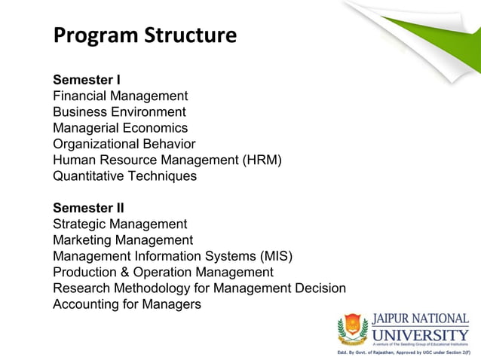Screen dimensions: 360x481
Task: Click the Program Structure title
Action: pyautogui.click(x=145, y=35)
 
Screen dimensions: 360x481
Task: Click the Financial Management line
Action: pyautogui.click(x=120, y=96)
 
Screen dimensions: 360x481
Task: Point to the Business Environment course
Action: pyautogui.click(x=119, y=112)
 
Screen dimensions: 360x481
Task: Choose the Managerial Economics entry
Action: pyautogui.click(x=120, y=128)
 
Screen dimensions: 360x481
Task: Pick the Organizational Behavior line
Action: pyautogui.click(x=124, y=144)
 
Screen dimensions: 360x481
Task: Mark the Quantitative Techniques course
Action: pyautogui.click(x=124, y=176)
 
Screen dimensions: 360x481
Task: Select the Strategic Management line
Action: pyautogui.click(x=120, y=224)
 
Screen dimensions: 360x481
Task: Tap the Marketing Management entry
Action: pyautogui.click(x=123, y=240)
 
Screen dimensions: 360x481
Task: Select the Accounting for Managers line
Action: pyautogui.click(x=127, y=304)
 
